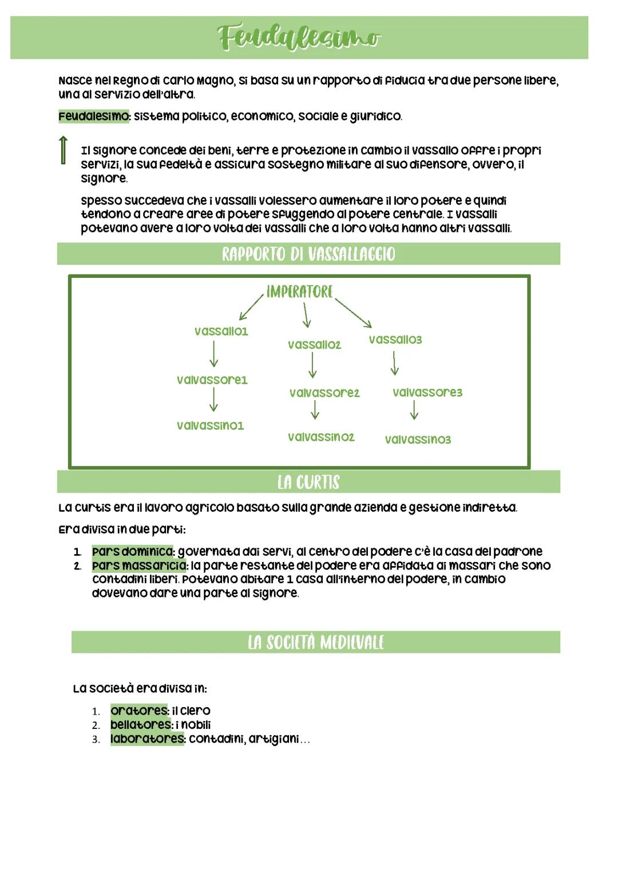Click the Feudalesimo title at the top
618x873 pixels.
tap(299, 38)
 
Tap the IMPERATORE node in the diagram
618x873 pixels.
tap(299, 292)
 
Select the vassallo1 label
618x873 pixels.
tap(221, 332)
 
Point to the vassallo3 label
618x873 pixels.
tap(395, 340)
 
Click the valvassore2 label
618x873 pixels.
tap(324, 393)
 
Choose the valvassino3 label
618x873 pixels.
tap(418, 440)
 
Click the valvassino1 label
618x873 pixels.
tap(210, 425)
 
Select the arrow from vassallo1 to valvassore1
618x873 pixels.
tap(213, 354)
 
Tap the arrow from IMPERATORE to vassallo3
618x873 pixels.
tap(354, 313)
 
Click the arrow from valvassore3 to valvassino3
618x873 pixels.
tap(414, 410)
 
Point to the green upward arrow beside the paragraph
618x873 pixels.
tap(64, 150)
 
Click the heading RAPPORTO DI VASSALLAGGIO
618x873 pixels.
tap(308, 254)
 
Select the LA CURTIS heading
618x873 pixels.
tap(308, 482)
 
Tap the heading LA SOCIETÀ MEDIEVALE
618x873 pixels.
tap(316, 642)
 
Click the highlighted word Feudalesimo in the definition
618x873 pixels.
tap(94, 117)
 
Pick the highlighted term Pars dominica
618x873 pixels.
tap(133, 552)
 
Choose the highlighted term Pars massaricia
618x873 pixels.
tap(139, 565)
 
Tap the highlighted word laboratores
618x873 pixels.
tap(147, 739)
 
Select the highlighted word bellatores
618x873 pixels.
tap(141, 724)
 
